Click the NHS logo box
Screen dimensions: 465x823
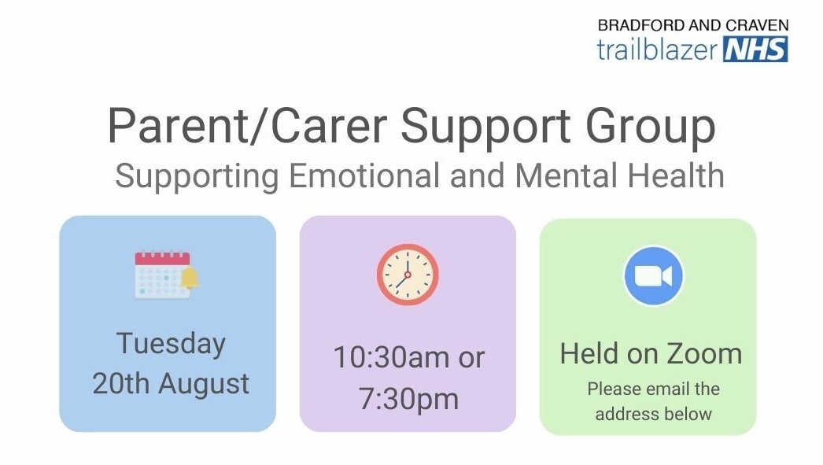755,50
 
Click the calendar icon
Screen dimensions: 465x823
163,275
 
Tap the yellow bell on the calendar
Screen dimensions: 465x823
190,278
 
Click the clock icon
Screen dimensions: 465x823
408,275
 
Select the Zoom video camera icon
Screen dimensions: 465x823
652,276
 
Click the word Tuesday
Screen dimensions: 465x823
171,345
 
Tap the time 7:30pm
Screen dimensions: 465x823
408,399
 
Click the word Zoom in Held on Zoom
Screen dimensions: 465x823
705,354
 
